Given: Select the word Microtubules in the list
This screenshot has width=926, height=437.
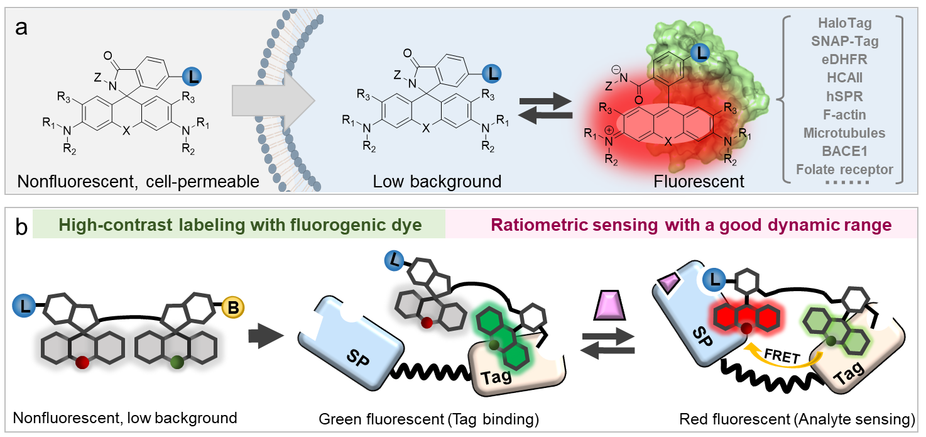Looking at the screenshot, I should (844, 133).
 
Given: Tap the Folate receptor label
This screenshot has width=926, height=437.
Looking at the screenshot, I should (844, 170).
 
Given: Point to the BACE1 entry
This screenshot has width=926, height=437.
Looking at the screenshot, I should (844, 152).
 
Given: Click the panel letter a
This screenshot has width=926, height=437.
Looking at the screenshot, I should (21, 28).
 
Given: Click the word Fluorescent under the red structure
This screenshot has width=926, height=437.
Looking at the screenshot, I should (699, 182).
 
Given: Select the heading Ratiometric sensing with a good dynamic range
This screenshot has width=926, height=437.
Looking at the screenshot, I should (691, 226).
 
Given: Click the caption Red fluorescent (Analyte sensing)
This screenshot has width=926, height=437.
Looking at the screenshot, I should (796, 418).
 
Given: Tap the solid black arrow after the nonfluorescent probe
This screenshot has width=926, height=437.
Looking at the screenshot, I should (260, 338).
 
